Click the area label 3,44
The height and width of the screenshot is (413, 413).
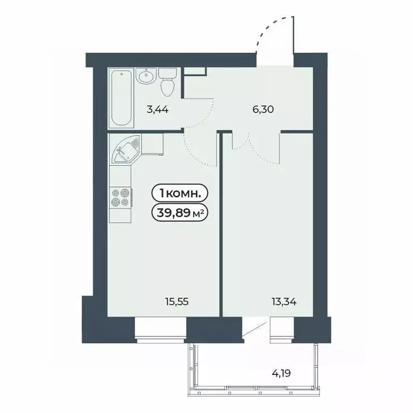158,110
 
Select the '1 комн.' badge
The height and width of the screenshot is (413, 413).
180,193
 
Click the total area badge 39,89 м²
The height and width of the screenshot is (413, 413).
180,213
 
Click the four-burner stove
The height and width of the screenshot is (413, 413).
120,197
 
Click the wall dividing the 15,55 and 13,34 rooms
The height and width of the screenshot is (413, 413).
221,226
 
